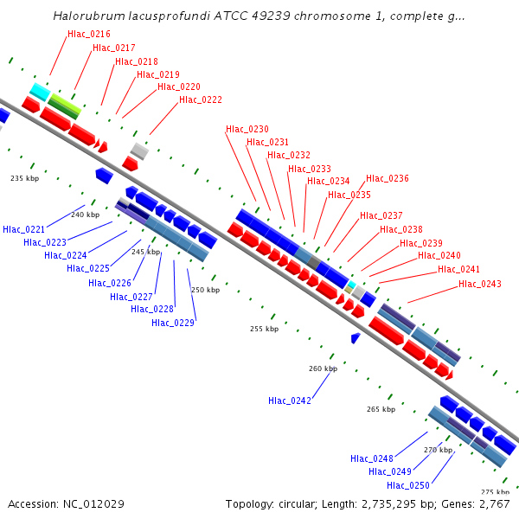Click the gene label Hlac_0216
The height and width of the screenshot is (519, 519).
pyautogui.click(x=88, y=34)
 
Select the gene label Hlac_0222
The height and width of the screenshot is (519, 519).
pyautogui.click(x=200, y=100)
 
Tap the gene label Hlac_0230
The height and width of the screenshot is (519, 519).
pyautogui.click(x=247, y=129)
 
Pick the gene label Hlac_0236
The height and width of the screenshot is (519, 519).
pyautogui.click(x=387, y=178)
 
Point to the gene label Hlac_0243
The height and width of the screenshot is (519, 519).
pyautogui.click(x=479, y=284)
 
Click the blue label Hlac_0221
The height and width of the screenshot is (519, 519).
pyautogui.click(x=23, y=229)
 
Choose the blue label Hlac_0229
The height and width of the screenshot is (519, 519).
pyautogui.click(x=173, y=323)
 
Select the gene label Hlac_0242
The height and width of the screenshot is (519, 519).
pyautogui.click(x=289, y=400)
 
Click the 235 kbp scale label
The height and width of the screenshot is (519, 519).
pyautogui.click(x=25, y=178)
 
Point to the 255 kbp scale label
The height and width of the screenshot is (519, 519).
pyautogui.click(x=265, y=329)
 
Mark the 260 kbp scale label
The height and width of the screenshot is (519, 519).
pyautogui.click(x=323, y=368)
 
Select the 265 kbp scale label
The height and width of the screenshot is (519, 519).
pyautogui.click(x=381, y=409)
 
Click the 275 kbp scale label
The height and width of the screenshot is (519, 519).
pyautogui.click(x=494, y=492)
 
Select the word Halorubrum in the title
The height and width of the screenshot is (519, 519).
pyautogui.click(x=87, y=16)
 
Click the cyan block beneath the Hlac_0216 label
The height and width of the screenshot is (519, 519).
pyautogui.click(x=39, y=91)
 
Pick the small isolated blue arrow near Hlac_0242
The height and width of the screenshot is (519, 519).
pyautogui.click(x=355, y=337)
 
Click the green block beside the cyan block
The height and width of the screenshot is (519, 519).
pyautogui.click(x=64, y=106)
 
